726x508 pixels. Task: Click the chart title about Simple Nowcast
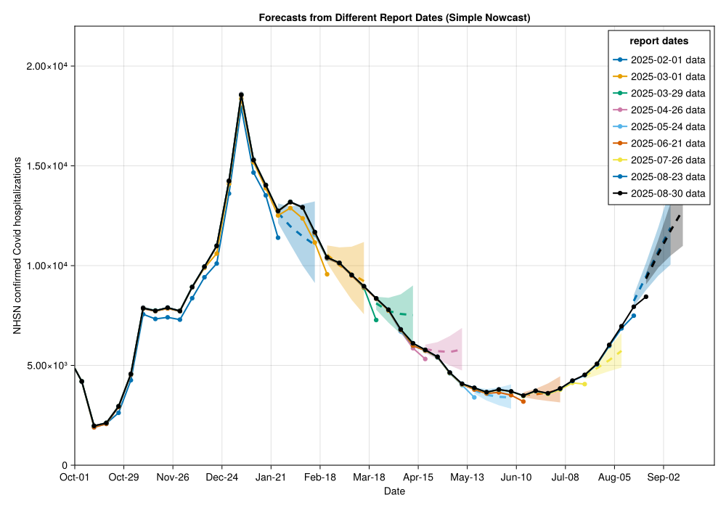point(394,17)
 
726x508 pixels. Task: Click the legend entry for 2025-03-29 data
point(667,93)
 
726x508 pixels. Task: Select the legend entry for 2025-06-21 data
point(667,143)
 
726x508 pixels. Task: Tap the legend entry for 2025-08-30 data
point(667,193)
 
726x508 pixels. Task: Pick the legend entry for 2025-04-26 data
point(667,110)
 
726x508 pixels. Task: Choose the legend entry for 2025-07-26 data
point(667,160)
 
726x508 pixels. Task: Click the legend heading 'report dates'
point(659,41)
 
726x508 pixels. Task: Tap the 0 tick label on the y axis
point(65,465)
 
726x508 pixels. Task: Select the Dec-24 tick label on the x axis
point(222,477)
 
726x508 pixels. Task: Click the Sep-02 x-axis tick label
point(663,477)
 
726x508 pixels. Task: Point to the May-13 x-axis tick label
point(467,477)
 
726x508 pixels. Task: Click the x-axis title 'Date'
point(394,491)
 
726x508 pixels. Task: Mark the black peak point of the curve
point(241,94)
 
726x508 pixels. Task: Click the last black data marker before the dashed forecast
point(646,297)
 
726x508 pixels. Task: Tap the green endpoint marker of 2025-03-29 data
point(376,320)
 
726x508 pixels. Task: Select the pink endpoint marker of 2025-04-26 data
point(425,359)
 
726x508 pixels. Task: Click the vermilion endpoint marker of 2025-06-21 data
point(523,401)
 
